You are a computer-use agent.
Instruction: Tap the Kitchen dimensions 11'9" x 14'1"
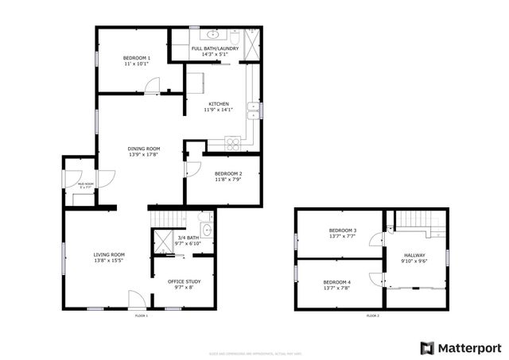point(219,110)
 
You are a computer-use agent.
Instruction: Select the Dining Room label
point(144,149)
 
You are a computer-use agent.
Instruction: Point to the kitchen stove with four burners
point(234,143)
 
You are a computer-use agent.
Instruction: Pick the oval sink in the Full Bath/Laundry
point(215,35)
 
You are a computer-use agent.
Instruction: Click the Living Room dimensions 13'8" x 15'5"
point(109,261)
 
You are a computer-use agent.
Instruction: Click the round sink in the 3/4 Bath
point(205,230)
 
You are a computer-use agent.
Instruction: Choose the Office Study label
point(184,281)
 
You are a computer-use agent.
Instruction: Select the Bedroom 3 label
point(343,230)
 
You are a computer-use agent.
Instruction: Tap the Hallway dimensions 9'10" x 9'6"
point(415,261)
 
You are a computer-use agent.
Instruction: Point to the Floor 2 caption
point(372,315)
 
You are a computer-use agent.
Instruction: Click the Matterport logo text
point(471,347)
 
